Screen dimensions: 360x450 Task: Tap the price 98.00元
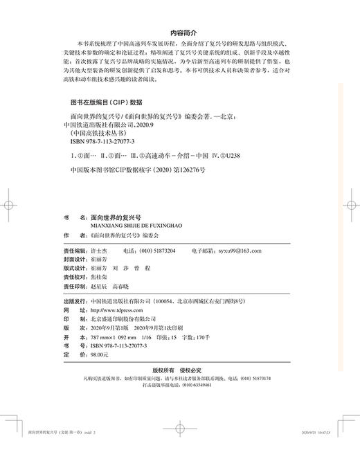click(101, 352)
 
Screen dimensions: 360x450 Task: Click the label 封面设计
click(75, 258)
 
